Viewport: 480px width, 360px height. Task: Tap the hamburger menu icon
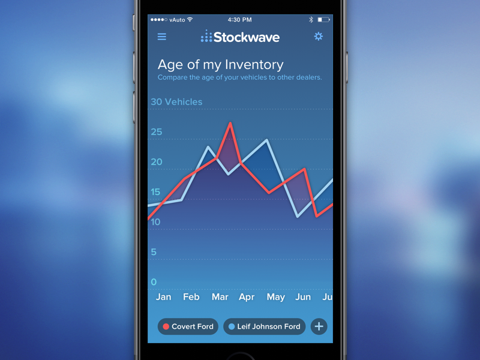pyautogui.click(x=162, y=37)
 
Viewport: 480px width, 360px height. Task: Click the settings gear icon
pyautogui.click(x=318, y=37)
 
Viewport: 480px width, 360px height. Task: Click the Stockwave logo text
pyautogui.click(x=246, y=37)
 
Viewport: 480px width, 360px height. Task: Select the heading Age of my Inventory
pyautogui.click(x=220, y=65)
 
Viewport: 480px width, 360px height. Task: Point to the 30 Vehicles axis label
pyautogui.click(x=176, y=102)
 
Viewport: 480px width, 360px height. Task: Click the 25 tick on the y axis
pyautogui.click(x=157, y=132)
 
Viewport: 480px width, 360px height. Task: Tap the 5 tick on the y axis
pyautogui.click(x=154, y=252)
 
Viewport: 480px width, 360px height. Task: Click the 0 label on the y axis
pyautogui.click(x=154, y=282)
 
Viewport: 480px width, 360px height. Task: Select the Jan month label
pyautogui.click(x=163, y=297)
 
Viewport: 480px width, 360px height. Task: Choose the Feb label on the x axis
pyautogui.click(x=191, y=297)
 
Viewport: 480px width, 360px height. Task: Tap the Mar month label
pyautogui.click(x=220, y=297)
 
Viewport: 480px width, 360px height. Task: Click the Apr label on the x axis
pyautogui.click(x=247, y=297)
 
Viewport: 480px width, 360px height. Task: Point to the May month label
pyautogui.click(x=275, y=297)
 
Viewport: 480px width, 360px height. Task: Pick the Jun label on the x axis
pyautogui.click(x=303, y=297)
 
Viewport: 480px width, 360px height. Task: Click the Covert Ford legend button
pyautogui.click(x=188, y=326)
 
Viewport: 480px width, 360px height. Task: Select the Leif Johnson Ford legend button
pyautogui.click(x=265, y=326)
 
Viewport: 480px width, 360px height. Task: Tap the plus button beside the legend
pyautogui.click(x=319, y=326)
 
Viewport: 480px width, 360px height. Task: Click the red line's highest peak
pyautogui.click(x=230, y=124)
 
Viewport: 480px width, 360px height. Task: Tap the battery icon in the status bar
pyautogui.click(x=324, y=20)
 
